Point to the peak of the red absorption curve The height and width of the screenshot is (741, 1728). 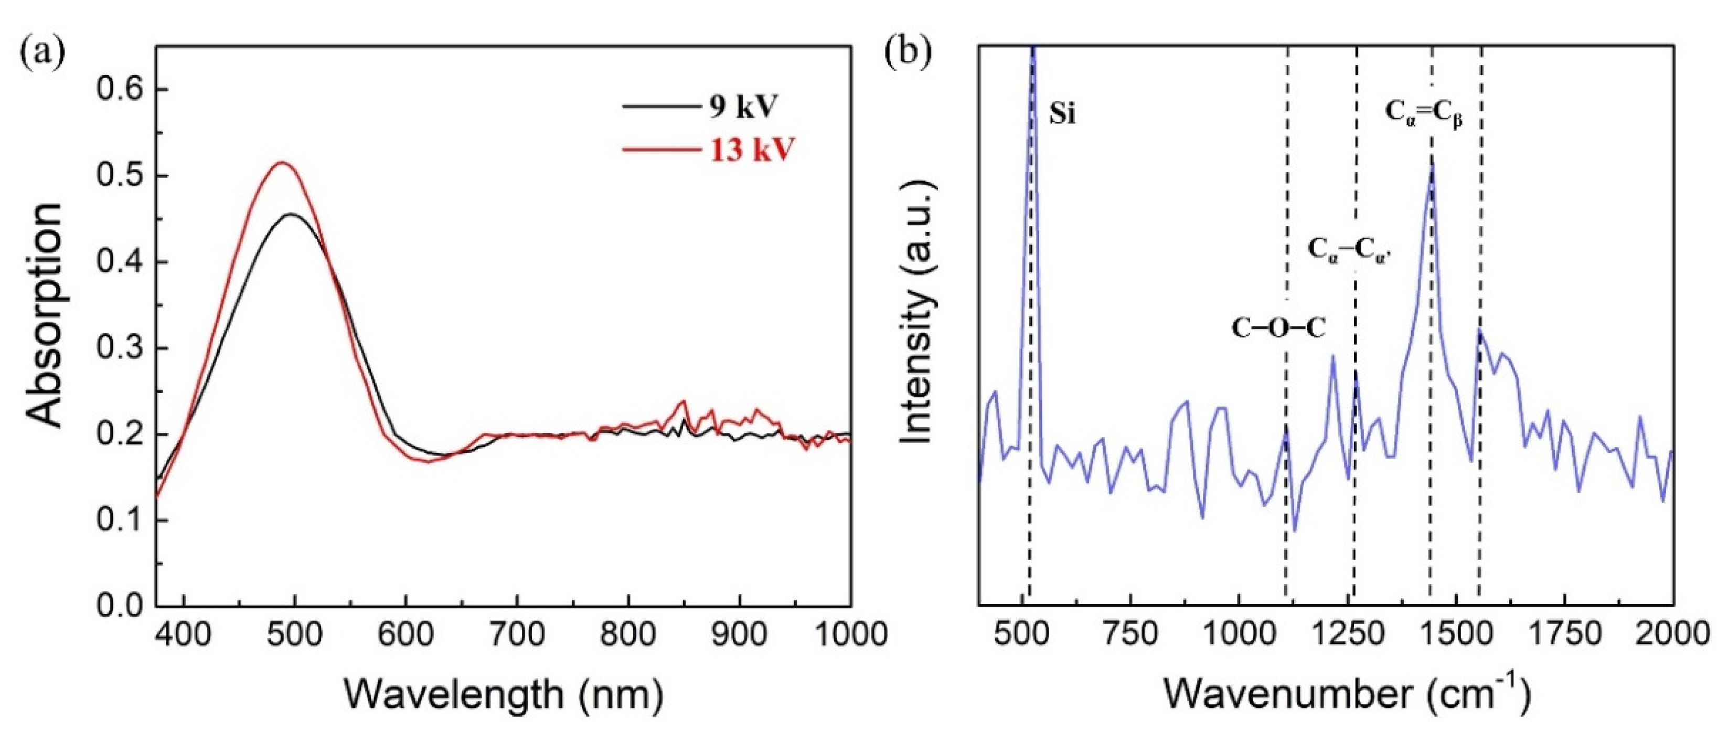[282, 163]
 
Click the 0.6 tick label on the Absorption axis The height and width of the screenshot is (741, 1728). [120, 90]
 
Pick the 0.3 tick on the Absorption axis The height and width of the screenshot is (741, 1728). [120, 348]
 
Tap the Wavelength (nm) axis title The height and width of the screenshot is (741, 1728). [503, 695]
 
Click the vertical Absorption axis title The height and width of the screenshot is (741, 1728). [46, 315]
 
